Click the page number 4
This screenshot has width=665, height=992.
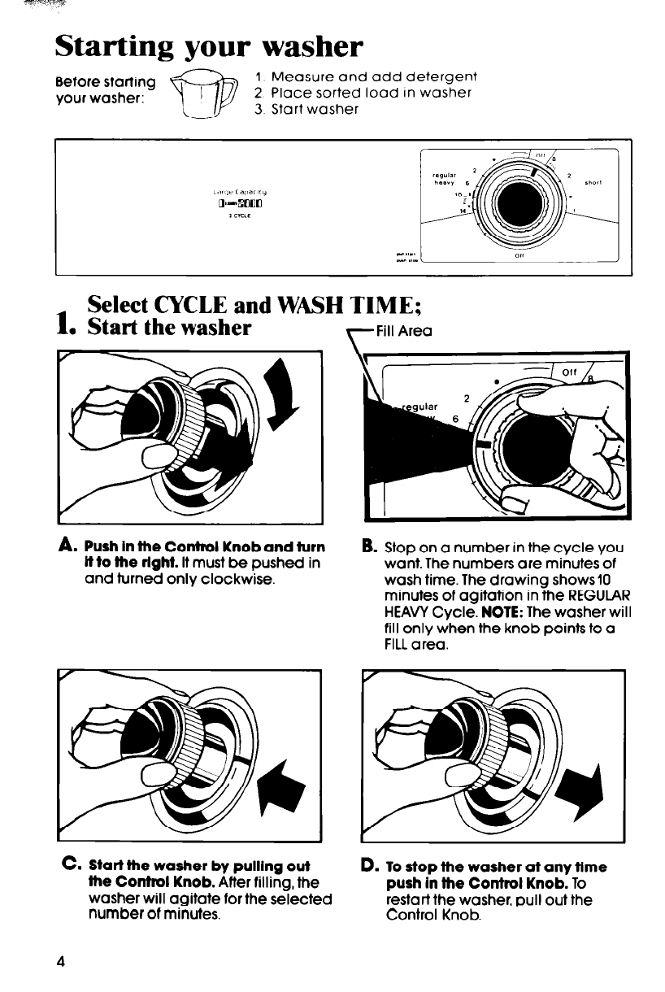(x=60, y=959)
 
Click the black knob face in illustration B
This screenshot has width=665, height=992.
(x=541, y=443)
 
